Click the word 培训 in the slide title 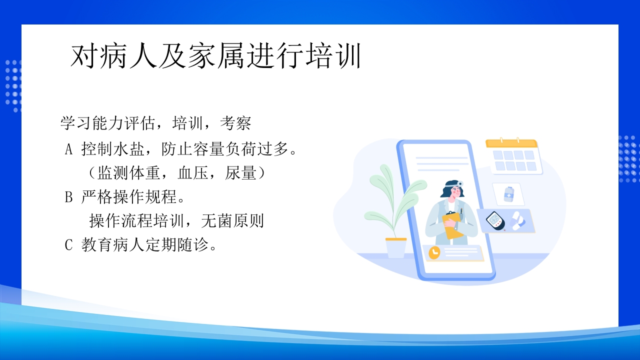[x=332, y=56]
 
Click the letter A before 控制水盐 [x=69, y=149]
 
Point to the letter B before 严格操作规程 [x=69, y=197]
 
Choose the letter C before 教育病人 [x=69, y=245]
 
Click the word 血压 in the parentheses [x=193, y=173]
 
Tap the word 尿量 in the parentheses [x=241, y=173]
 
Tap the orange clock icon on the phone [x=434, y=252]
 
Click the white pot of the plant [x=396, y=248]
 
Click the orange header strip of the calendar [x=511, y=143]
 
